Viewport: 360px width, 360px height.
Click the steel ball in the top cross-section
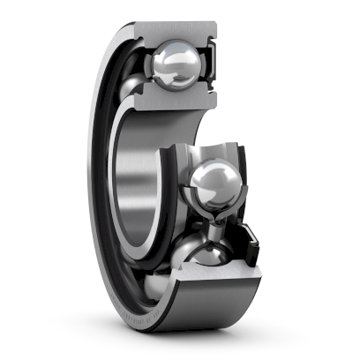pyautogui.click(x=176, y=67)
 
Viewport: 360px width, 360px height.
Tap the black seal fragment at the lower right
pyautogui.click(x=250, y=239)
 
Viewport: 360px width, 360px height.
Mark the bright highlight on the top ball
pyautogui.click(x=168, y=60)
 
